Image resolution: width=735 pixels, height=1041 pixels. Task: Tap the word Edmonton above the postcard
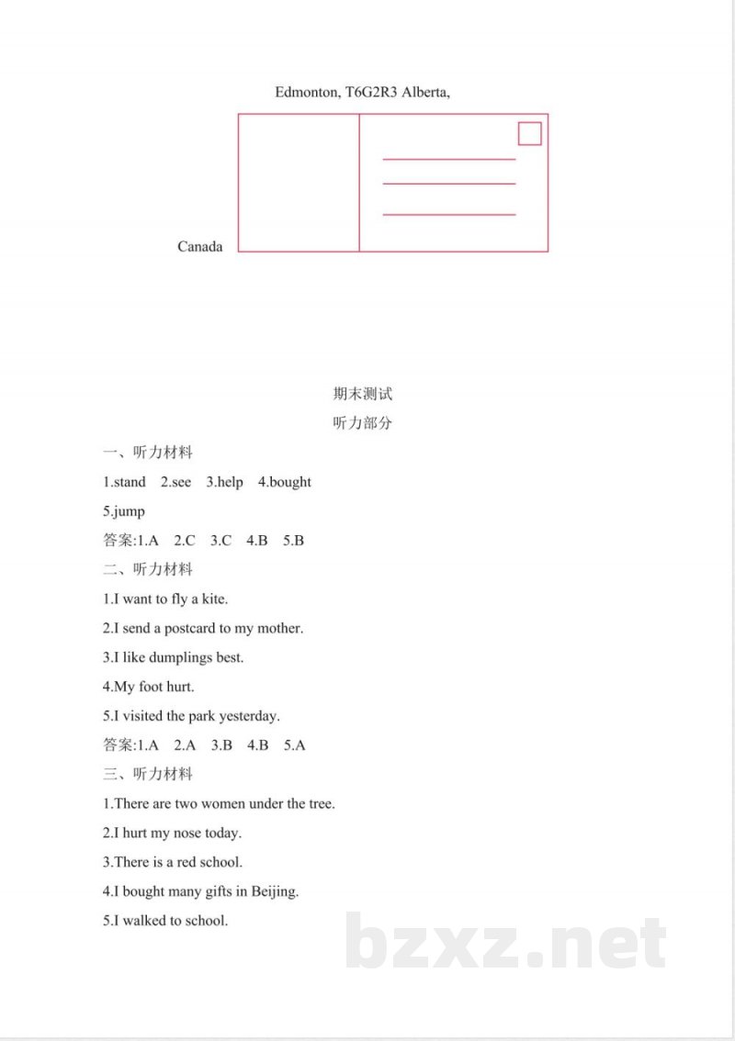coord(307,92)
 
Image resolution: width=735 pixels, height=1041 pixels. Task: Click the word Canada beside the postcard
coord(200,246)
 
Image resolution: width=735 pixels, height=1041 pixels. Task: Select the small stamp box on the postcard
coord(530,134)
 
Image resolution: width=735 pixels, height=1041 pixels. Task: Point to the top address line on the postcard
coord(448,160)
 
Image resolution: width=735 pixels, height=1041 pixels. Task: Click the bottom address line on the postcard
coord(448,215)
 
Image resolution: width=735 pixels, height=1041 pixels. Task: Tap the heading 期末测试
coord(363,394)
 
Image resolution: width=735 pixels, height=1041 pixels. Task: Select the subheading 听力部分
coord(363,423)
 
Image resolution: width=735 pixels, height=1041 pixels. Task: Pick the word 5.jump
coord(124,511)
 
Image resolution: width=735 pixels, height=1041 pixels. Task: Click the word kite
coord(214,599)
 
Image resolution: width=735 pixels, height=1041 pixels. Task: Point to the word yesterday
coord(249,715)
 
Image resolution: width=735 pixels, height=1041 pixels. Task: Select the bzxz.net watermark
coord(505,943)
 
